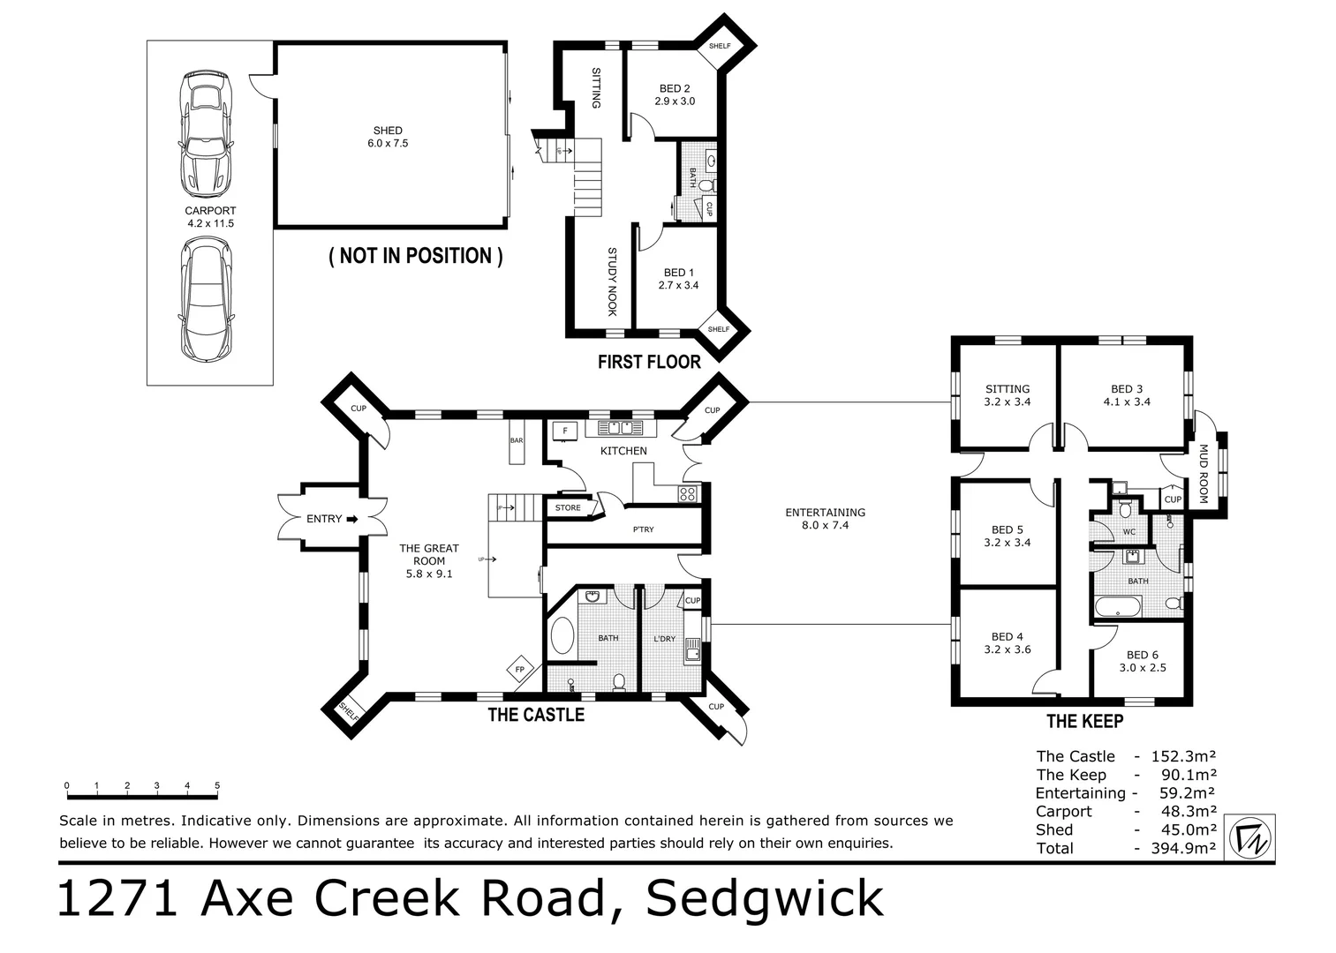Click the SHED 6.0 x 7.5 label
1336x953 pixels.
(388, 137)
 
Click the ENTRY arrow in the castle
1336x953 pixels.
(351, 519)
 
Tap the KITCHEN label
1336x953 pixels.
(623, 451)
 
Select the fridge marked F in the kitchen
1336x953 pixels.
(565, 431)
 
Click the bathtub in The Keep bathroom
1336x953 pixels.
(1118, 607)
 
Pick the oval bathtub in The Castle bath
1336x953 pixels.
(562, 636)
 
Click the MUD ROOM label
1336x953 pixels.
(1203, 474)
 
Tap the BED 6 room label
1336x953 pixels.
(1143, 661)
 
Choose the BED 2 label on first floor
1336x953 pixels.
(675, 94)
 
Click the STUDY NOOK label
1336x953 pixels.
(611, 281)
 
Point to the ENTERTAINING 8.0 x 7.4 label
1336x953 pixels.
(825, 518)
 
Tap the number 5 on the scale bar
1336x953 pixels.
(216, 785)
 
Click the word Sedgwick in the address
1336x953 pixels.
(765, 898)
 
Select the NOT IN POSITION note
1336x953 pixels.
(416, 256)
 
